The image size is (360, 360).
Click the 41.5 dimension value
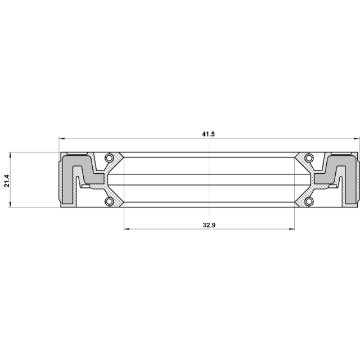tap(208, 134)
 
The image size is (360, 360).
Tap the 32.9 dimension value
tap(209, 225)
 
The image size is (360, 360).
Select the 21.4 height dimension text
tap(7, 181)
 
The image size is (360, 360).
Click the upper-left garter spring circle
tap(109, 158)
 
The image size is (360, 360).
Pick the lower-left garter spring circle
tap(109, 201)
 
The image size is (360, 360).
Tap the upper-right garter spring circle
tap(309, 158)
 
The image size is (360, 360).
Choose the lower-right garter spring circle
tap(309, 201)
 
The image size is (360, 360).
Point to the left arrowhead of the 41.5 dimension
tap(62, 139)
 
